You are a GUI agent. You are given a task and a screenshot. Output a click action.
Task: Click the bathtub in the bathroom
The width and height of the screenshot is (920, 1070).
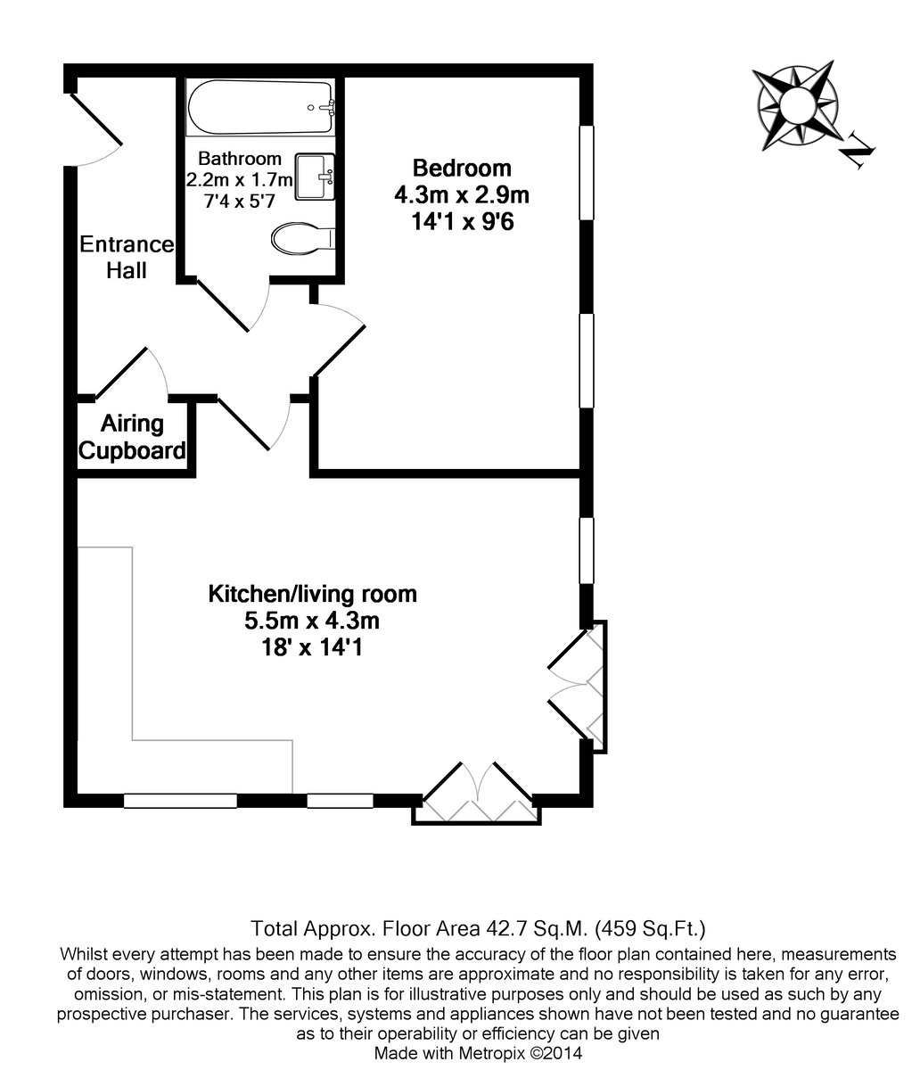coord(259,108)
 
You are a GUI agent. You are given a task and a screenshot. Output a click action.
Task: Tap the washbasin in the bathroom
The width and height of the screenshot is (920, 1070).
coord(316,177)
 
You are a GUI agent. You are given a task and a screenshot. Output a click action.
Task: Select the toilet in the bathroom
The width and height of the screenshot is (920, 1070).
coord(301,239)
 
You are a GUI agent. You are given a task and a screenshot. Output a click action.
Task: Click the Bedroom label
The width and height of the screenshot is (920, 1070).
coord(462,168)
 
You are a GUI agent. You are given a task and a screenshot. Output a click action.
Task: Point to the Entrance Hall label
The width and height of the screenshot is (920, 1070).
coord(127,257)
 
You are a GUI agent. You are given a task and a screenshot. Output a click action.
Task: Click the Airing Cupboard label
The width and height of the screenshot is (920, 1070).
coord(133,437)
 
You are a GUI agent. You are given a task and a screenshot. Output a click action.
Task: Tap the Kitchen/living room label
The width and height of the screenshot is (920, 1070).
coord(312,594)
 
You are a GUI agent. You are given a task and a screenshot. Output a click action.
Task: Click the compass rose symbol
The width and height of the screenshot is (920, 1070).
coord(795,104)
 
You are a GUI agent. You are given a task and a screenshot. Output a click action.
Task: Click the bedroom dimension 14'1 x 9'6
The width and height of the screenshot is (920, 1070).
coord(462,220)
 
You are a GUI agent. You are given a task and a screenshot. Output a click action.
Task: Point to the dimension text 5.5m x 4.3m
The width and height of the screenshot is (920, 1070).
coord(312,620)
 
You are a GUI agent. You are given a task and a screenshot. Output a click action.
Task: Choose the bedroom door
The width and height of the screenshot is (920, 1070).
coord(340,343)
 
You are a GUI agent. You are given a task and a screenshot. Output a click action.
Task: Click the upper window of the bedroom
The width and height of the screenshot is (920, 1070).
coord(587,172)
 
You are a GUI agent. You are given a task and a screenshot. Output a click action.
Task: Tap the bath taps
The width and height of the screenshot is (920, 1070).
coord(326,107)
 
